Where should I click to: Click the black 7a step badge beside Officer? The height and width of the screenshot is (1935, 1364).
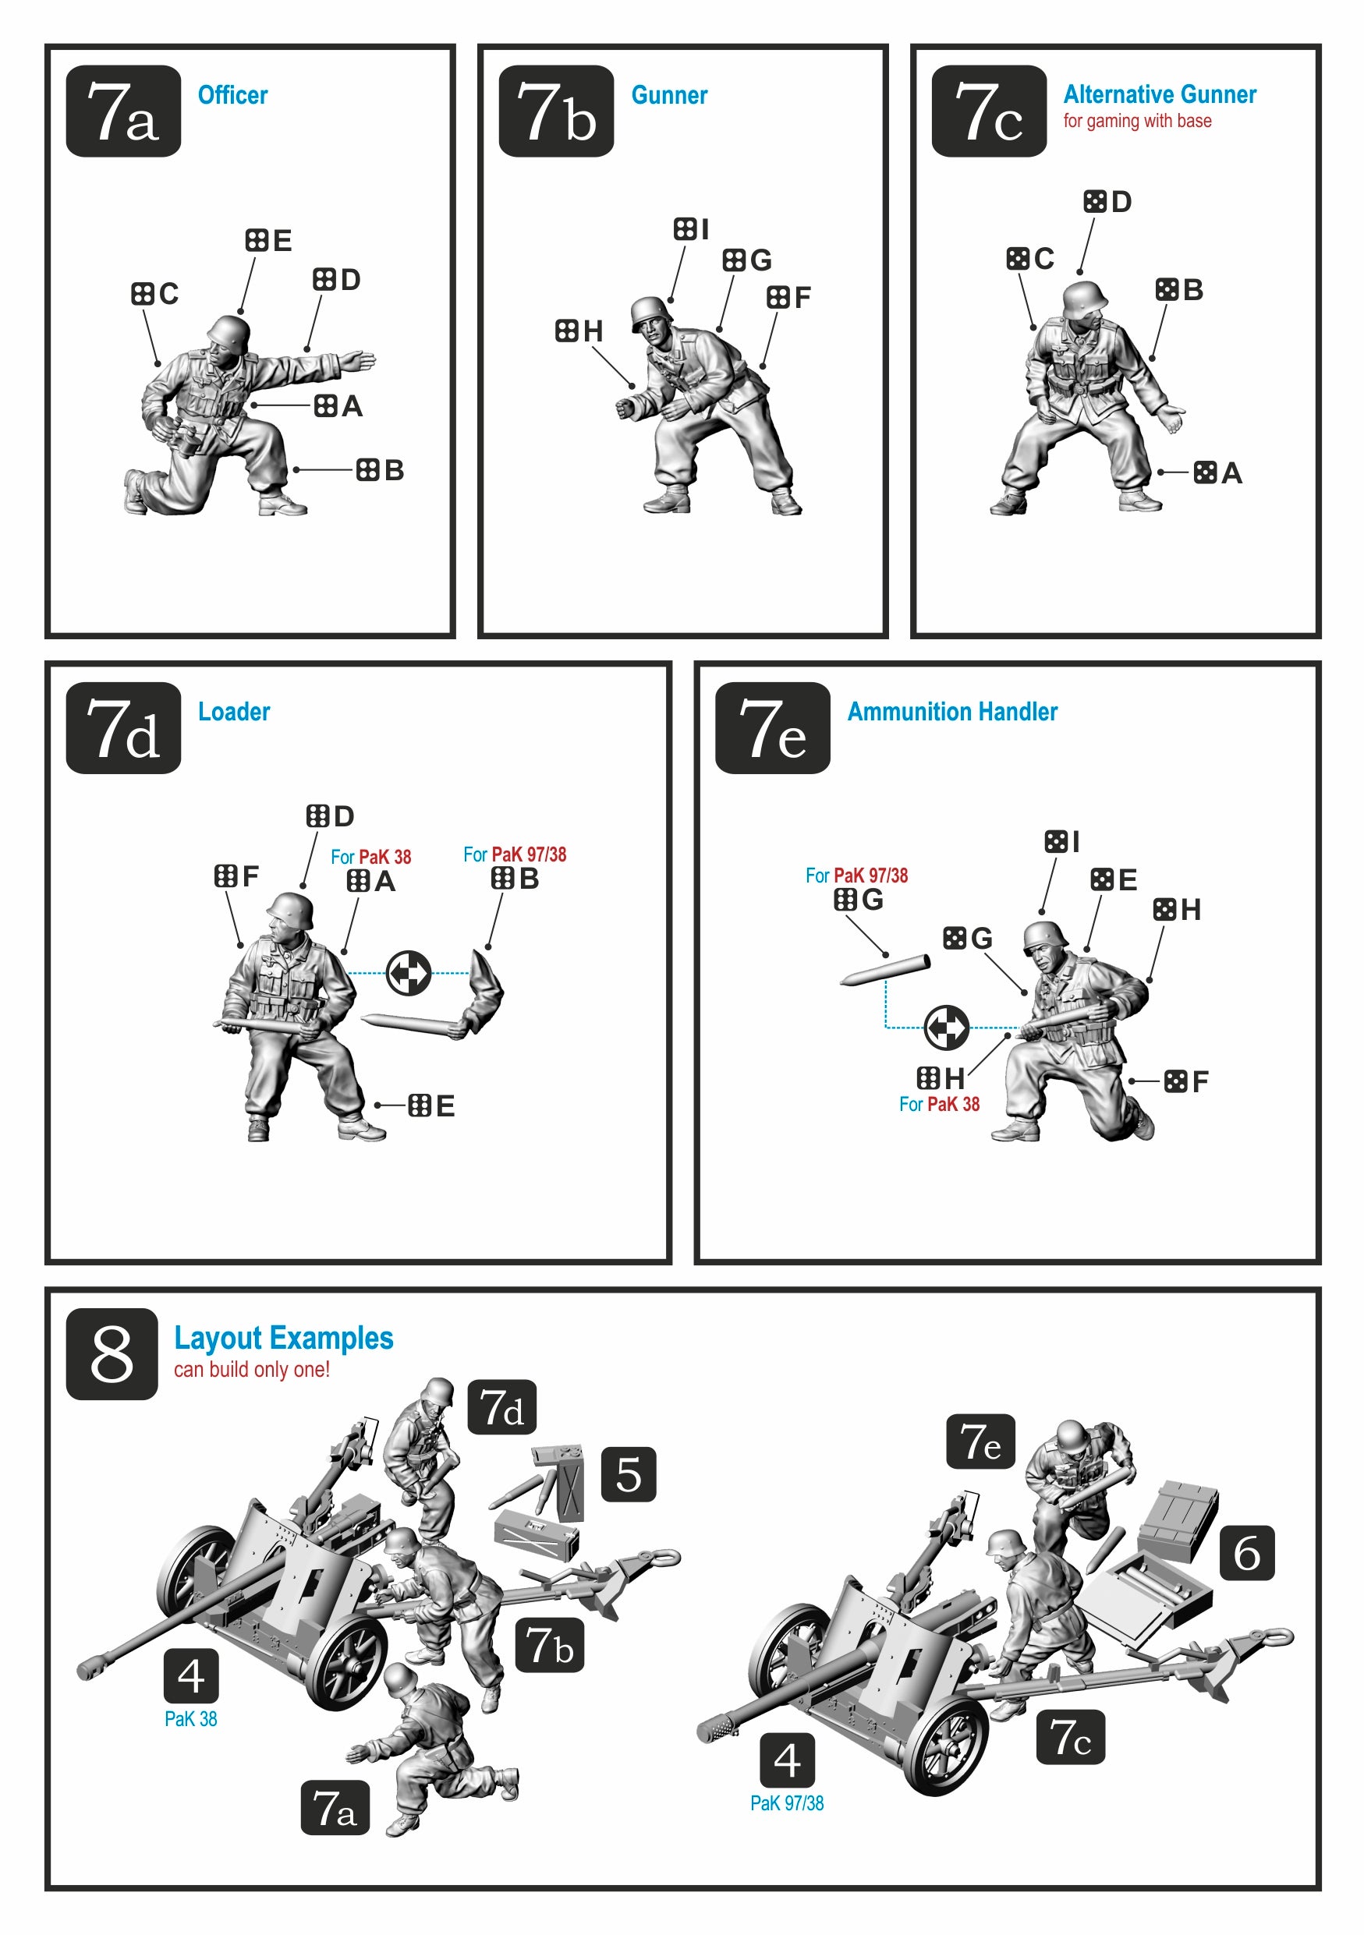tap(123, 111)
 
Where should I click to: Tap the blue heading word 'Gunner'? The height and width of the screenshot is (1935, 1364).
tap(669, 95)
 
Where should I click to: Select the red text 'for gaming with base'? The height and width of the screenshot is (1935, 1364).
tap(1137, 121)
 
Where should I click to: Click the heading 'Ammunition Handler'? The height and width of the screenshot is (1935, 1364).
tap(951, 711)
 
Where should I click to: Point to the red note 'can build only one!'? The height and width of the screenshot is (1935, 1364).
tap(251, 1370)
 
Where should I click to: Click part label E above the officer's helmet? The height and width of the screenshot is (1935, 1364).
tap(269, 240)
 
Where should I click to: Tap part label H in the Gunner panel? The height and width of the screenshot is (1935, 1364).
tap(579, 331)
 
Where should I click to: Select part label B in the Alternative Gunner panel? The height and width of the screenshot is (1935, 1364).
tap(1179, 290)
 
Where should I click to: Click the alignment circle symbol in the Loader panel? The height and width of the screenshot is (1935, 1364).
tap(409, 974)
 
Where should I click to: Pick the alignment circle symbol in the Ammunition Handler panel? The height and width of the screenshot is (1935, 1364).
tap(947, 1028)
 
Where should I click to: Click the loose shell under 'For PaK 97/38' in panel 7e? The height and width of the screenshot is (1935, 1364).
tap(885, 970)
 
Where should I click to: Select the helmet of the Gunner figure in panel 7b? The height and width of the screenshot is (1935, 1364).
tap(650, 311)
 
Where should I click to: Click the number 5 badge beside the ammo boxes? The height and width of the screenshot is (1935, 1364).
tap(628, 1474)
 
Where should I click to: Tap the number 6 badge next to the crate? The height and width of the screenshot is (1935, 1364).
tap(1248, 1551)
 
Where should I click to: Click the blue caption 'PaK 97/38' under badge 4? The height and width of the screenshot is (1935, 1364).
tap(787, 1802)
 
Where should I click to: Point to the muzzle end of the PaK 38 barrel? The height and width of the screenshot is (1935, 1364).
tap(90, 1668)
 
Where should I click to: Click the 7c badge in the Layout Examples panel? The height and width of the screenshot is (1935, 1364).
tap(1070, 1737)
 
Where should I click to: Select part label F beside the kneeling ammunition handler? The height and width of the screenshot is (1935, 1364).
tap(1186, 1081)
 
